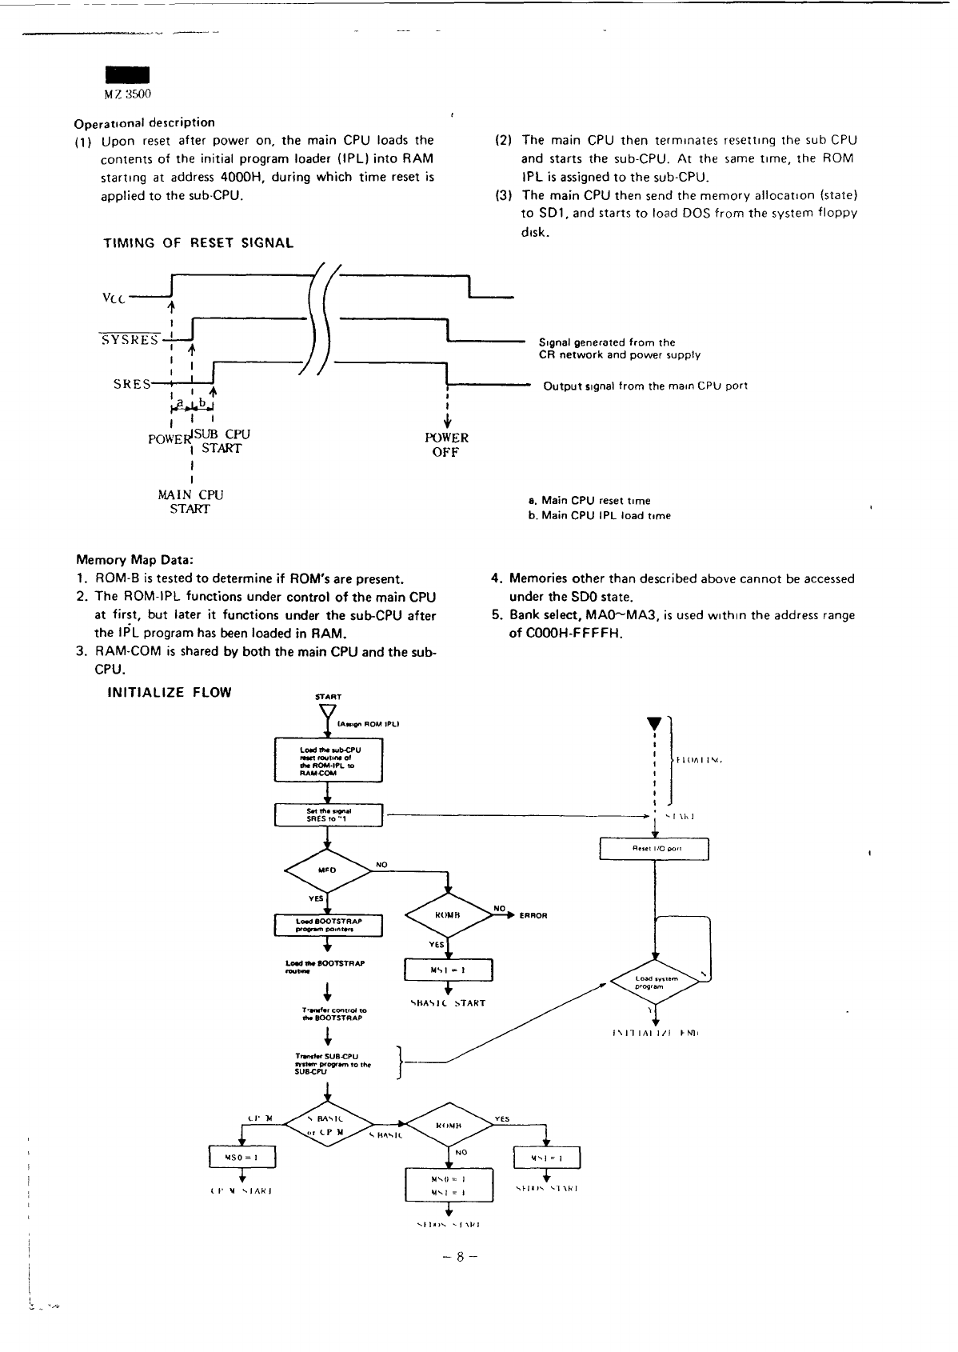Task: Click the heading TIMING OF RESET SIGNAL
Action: point(198,243)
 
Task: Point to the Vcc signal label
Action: point(114,298)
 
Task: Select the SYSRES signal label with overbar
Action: point(130,340)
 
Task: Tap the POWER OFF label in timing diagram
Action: point(446,445)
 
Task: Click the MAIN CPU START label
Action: point(190,502)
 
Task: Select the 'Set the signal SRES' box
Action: point(329,815)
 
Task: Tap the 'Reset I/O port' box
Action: point(654,848)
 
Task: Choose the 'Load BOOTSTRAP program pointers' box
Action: point(329,925)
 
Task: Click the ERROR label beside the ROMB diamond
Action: point(533,916)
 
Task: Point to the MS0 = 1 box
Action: point(241,1158)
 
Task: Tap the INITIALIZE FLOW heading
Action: point(169,693)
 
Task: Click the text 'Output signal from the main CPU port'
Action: point(645,386)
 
